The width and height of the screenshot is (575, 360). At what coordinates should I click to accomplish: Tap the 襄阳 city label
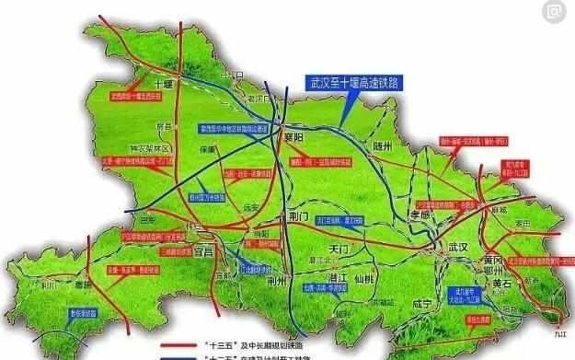292,132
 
